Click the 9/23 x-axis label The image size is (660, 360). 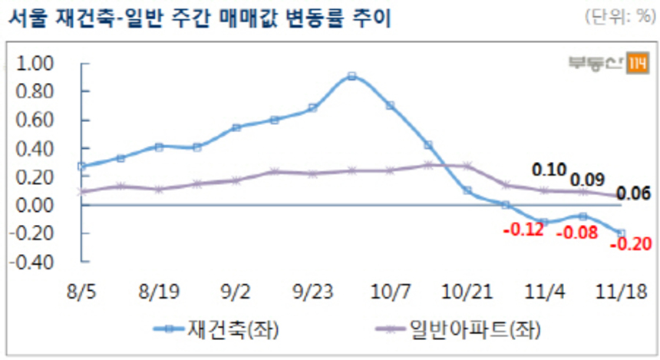pos(312,292)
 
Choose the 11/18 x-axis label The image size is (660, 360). pos(620,292)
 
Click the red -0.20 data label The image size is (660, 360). pos(629,245)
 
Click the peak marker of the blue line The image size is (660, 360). pos(351,76)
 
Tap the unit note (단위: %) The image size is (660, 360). pos(617,17)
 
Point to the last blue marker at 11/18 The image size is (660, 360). pos(621,233)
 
